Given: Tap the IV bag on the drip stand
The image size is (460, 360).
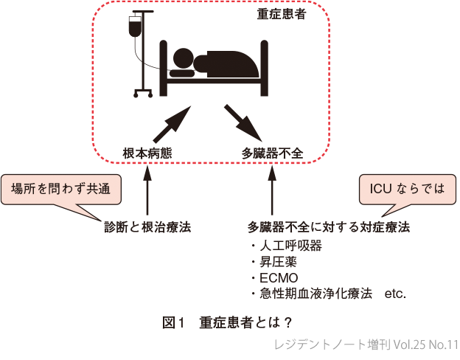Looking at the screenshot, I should pos(135,28).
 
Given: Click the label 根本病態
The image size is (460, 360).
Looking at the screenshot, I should pos(148,153).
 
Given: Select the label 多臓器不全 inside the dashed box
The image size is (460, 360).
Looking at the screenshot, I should pos(273,153).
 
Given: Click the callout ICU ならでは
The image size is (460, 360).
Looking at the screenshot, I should pos(403,188).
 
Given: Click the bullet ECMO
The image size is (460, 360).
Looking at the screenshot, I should pos(277,277).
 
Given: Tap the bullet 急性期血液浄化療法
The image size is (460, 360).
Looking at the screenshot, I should pos(310,294).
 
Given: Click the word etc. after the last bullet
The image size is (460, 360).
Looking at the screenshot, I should pos(396,294).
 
